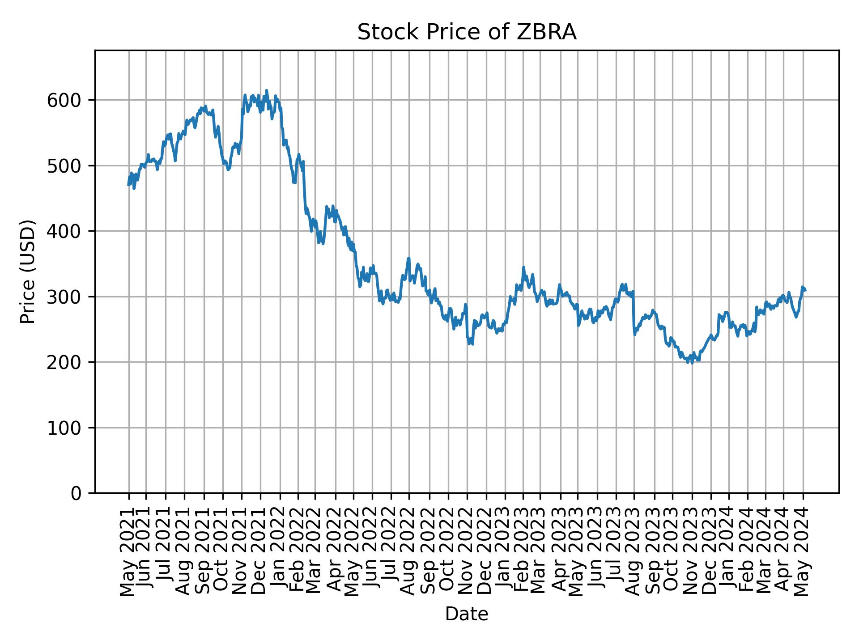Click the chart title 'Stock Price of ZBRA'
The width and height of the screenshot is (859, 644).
pos(466,33)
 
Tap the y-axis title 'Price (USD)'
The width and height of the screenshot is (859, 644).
pos(28,271)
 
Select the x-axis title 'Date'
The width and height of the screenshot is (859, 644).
pos(466,614)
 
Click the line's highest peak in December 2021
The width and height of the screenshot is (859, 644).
pos(267,90)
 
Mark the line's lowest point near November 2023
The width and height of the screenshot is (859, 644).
pos(692,363)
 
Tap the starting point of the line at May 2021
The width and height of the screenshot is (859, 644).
pos(128,185)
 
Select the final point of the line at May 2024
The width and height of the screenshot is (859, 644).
pos(805,291)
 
